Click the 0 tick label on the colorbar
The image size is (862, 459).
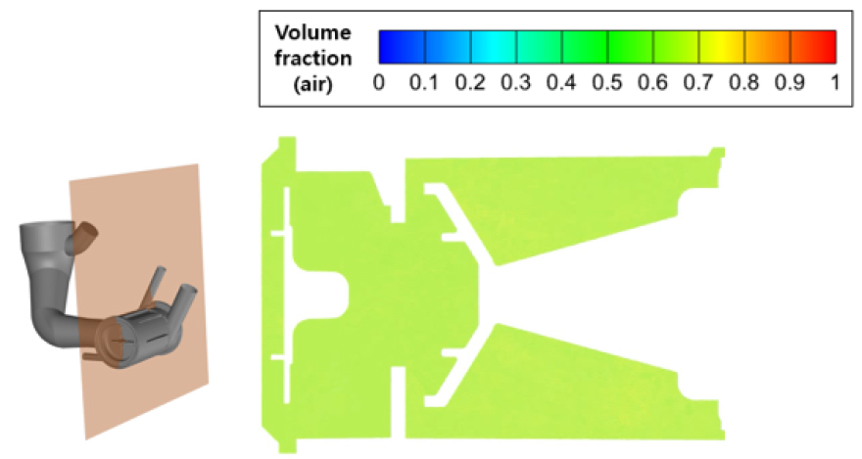(378, 83)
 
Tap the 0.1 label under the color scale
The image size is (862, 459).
(424, 83)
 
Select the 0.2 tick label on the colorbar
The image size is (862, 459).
(470, 83)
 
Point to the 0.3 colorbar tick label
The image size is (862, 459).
(515, 83)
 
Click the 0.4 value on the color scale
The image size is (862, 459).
(561, 83)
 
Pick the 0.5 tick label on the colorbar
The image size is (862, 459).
(607, 83)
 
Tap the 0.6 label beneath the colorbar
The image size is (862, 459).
(652, 83)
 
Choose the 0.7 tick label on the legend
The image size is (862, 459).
(698, 83)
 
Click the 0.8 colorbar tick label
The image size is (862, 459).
(743, 83)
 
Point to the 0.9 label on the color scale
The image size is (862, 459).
(790, 83)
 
